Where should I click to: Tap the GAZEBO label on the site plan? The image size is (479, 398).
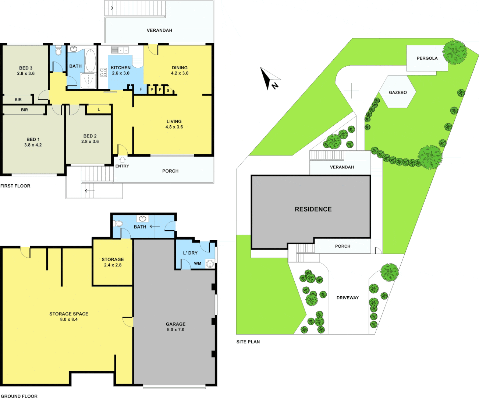coord(398,92)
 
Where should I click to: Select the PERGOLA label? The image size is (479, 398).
coord(427,58)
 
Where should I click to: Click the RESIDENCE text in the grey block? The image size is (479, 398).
coord(313,209)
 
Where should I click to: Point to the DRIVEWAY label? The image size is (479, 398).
coord(347,298)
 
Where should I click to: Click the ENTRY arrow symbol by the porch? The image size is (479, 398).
coord(122,160)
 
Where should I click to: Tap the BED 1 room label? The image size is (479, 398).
coord(33,142)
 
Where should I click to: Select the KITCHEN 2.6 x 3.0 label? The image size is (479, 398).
coord(121,70)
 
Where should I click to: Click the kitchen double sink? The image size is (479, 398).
coord(120,50)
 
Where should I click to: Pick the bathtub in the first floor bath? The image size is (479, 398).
coord(91,60)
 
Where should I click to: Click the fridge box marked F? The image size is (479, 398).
coord(141,90)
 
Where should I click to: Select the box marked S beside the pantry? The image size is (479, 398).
coord(168,90)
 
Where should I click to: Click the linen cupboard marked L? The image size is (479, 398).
coord(99,109)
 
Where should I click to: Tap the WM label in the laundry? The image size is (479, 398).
coord(198,263)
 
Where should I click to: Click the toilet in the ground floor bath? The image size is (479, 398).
coord(118,223)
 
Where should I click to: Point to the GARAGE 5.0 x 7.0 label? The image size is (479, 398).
coord(175,327)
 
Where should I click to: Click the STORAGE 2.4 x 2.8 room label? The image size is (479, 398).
coord(113,262)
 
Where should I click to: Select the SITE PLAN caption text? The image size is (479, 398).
coord(248,342)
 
